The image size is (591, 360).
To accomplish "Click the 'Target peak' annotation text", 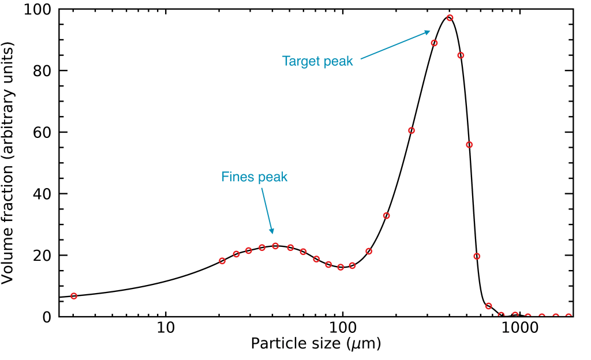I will tap(317, 61).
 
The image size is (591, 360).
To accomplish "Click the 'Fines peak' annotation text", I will tap(254, 177).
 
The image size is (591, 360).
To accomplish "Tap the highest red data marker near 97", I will tap(450, 18).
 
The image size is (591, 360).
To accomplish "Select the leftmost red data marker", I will tap(74, 296).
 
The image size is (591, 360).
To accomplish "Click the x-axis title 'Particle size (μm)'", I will tap(316, 344).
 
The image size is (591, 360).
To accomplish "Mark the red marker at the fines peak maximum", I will tap(275, 246).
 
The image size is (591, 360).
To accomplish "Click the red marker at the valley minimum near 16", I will tap(341, 267).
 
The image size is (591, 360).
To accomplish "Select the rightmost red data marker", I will tap(568, 317).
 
